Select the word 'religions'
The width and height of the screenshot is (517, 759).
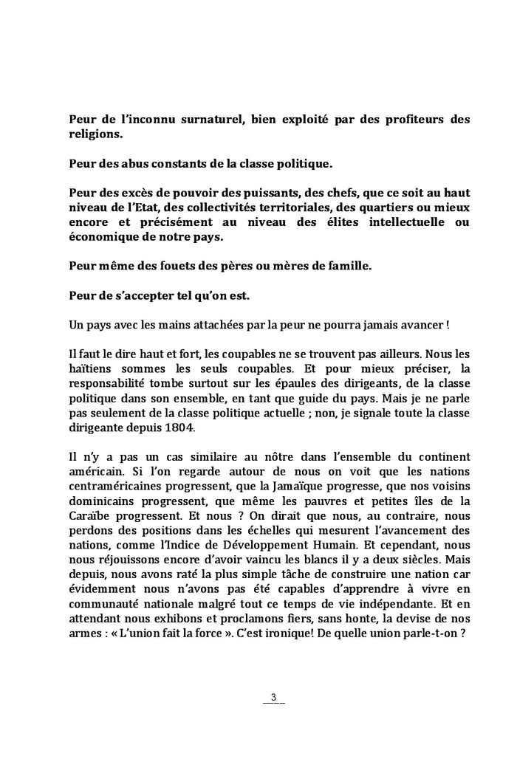96,135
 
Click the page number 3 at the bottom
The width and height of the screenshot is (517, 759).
273,697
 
